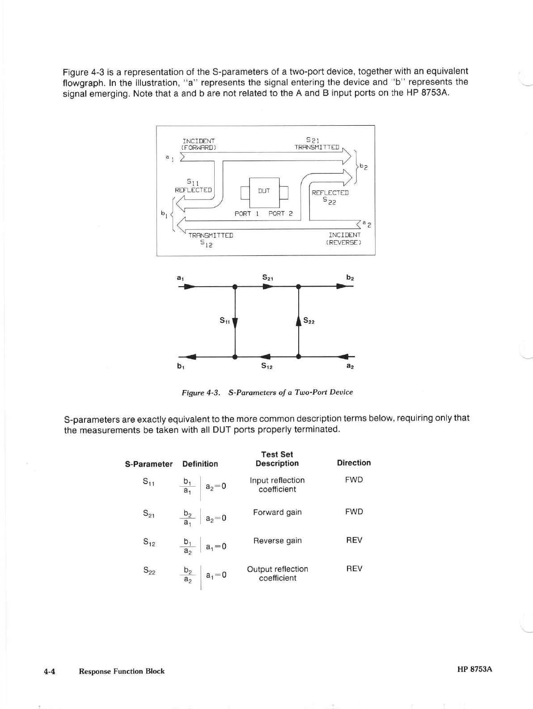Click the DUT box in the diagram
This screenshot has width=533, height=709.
[264, 191]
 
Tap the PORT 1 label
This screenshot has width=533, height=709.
[247, 214]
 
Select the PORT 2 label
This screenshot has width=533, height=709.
[280, 214]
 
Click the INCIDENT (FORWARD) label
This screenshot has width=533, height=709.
[199, 144]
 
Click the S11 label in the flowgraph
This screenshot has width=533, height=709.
[224, 320]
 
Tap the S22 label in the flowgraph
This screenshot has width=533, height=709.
[309, 321]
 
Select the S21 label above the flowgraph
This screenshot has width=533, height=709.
[268, 278]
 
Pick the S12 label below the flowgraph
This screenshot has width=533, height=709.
[267, 366]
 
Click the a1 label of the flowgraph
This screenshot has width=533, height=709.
[180, 278]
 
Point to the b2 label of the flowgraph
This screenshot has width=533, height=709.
[350, 278]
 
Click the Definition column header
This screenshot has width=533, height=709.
[200, 464]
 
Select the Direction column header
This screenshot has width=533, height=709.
[354, 463]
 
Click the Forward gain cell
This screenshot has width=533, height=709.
[277, 512]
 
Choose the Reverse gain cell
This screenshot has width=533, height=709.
[277, 541]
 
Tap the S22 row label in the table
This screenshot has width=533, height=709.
[149, 571]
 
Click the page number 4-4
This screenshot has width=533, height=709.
[49, 671]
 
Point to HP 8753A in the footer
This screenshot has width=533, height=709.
[474, 669]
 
